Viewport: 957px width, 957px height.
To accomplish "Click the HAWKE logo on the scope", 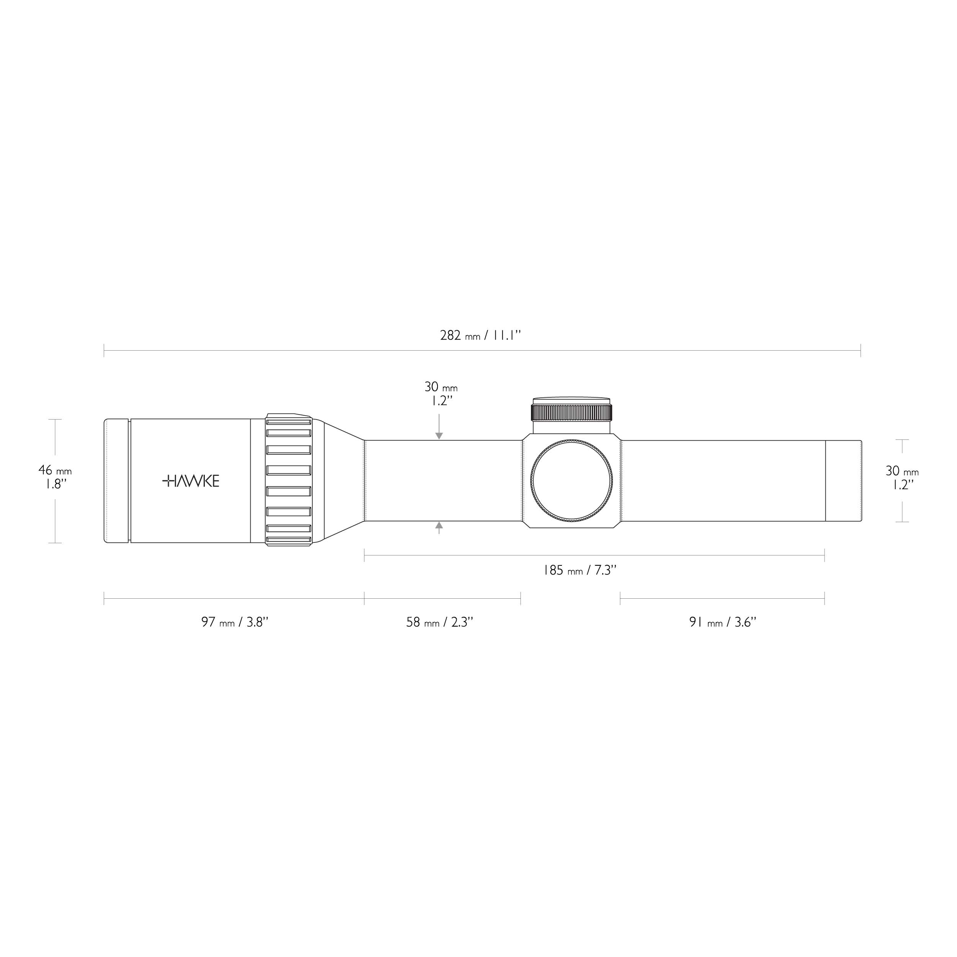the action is [191, 480].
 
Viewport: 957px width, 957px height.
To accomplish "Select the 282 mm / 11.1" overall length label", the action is [480, 335].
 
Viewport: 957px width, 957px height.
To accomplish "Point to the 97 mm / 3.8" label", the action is [234, 622].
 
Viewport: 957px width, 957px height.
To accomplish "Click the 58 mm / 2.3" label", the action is [440, 622].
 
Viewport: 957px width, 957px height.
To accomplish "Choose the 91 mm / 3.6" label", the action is [723, 622].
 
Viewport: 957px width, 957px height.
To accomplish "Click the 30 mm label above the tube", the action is [441, 387].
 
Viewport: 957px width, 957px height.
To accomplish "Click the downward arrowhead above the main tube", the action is [439, 436].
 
